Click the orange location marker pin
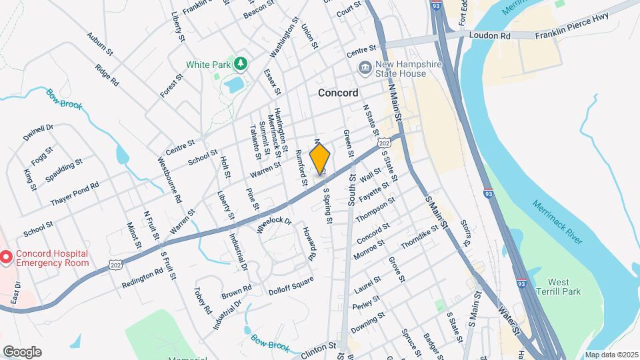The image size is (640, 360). coord(320,159)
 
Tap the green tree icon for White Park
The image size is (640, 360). coord(240,64)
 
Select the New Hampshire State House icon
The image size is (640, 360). coord(365,68)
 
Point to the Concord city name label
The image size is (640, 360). coord(338,93)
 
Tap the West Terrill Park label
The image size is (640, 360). coord(563,287)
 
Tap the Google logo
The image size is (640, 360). coord(22,352)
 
